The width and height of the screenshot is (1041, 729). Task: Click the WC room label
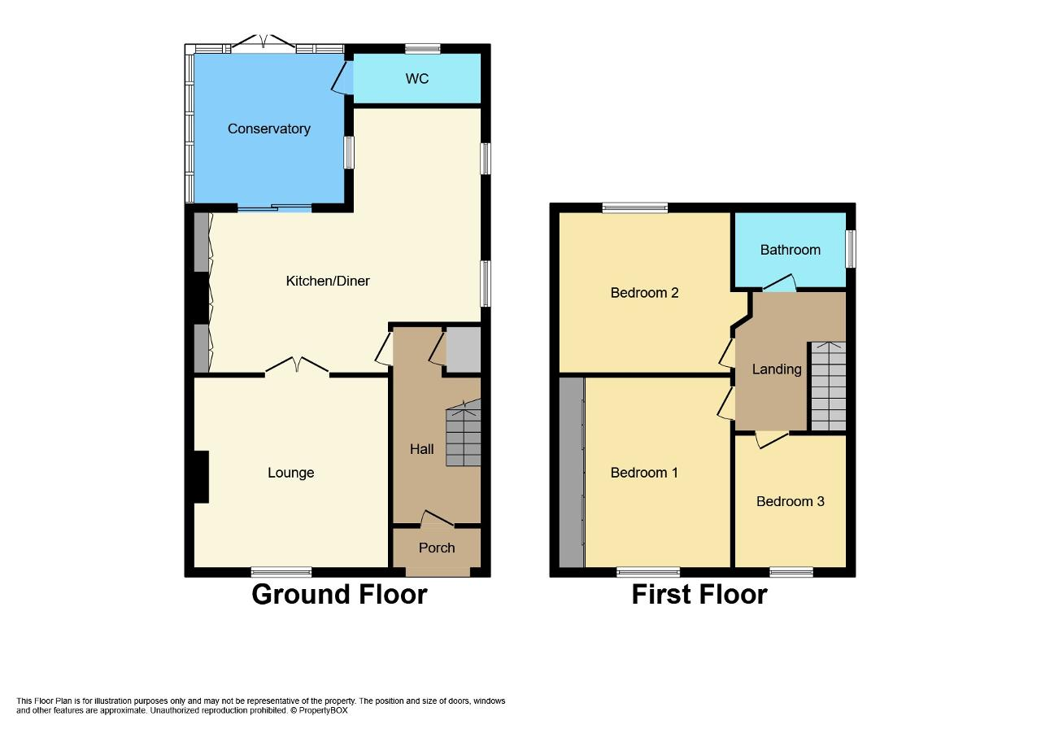click(x=417, y=79)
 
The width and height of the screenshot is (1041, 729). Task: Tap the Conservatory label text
click(x=269, y=129)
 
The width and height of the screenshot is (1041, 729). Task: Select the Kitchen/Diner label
click(x=328, y=281)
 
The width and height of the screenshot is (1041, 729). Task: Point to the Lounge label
click(x=291, y=473)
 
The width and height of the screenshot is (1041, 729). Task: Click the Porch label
click(x=437, y=548)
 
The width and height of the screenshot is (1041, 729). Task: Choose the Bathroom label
click(x=790, y=250)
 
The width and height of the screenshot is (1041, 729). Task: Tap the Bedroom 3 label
click(x=790, y=501)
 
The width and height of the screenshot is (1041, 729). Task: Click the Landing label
click(x=777, y=369)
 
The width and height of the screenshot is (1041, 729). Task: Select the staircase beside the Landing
click(x=828, y=386)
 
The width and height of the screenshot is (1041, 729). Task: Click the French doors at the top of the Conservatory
click(x=264, y=41)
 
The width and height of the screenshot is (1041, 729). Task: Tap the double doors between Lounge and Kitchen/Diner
click(x=297, y=365)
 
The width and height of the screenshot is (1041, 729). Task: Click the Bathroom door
click(x=780, y=282)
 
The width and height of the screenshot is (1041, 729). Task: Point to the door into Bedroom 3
click(x=772, y=439)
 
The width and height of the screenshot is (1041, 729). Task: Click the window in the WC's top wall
click(x=422, y=48)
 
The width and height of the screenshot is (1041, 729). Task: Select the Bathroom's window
click(x=851, y=249)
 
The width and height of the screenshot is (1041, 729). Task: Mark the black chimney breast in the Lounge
click(x=201, y=477)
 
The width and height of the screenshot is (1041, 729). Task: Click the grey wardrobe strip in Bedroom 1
click(x=571, y=473)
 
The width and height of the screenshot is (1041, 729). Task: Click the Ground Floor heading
click(x=339, y=595)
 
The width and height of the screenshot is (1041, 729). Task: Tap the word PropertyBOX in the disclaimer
click(x=323, y=710)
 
